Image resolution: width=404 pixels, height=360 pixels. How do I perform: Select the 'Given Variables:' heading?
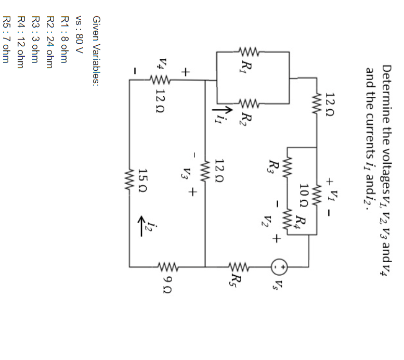96,50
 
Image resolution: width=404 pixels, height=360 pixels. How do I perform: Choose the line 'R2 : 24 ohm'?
50,42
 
